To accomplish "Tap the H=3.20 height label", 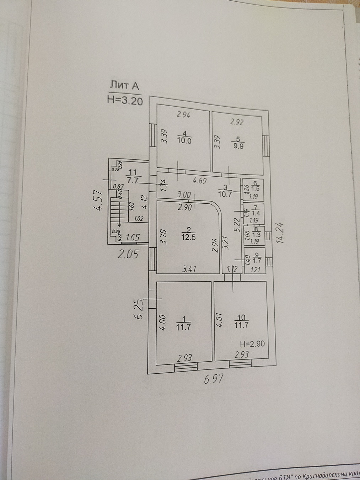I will coord(125,101).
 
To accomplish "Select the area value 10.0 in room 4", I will coord(184,140).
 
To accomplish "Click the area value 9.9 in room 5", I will coord(239,145).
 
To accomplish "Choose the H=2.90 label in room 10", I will coord(252,344).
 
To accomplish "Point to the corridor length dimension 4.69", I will coord(201,180).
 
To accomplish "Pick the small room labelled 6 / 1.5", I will coord(253,190).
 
